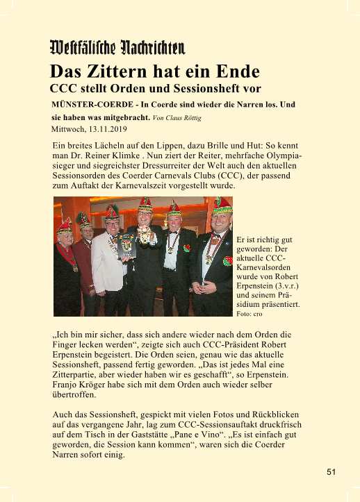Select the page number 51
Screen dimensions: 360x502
[332, 472]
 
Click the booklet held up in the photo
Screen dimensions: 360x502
[126, 245]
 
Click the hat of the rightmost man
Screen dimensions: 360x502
[222, 206]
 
